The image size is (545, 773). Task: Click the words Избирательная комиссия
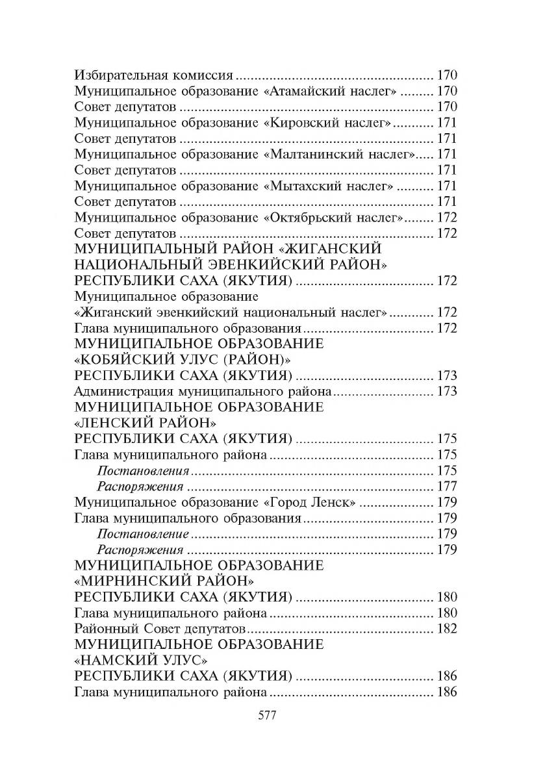(x=154, y=75)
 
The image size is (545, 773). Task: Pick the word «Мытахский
(x=305, y=186)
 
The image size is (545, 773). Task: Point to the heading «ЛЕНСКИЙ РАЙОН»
(x=146, y=423)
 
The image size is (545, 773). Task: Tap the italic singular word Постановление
(x=143, y=534)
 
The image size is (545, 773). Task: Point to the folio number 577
(x=268, y=715)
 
